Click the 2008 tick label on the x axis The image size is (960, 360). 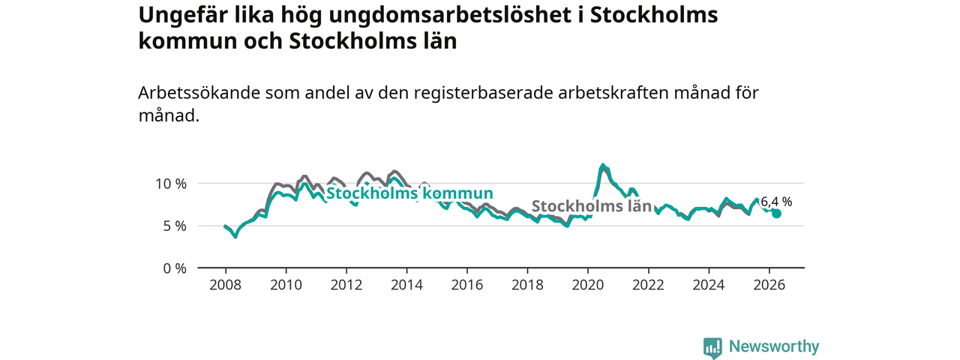point(226,285)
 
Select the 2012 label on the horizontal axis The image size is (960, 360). point(346,285)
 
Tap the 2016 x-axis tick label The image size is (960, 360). point(467,285)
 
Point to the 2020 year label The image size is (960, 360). point(588,285)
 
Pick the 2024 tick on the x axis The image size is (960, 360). point(709,285)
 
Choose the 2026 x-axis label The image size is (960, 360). point(769,285)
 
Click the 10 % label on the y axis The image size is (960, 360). point(171,184)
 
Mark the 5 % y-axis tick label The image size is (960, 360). point(175,226)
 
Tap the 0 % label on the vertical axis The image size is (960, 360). point(175,268)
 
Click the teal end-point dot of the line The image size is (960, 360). point(776,214)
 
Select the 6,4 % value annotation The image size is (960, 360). point(776,202)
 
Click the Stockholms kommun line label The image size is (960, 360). point(409,193)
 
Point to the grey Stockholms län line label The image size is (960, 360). point(592,206)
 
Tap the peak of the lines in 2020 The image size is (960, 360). point(603,164)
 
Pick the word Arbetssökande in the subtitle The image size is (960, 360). point(199,92)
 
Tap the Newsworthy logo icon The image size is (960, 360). point(712,348)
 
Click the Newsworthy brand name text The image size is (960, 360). point(774,346)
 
